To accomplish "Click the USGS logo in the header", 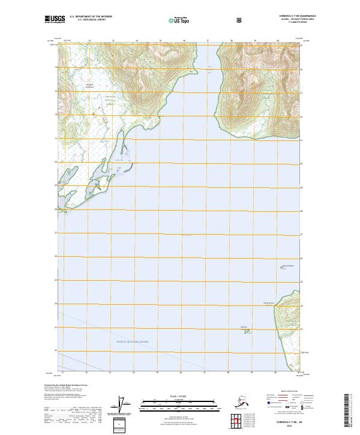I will tap(55, 19).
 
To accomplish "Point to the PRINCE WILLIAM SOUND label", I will tap(133, 341).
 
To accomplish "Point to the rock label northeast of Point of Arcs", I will tap(288, 266).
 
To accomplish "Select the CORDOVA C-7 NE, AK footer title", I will tap(290, 422).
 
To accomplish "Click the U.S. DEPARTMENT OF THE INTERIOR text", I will tap(91, 16).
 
